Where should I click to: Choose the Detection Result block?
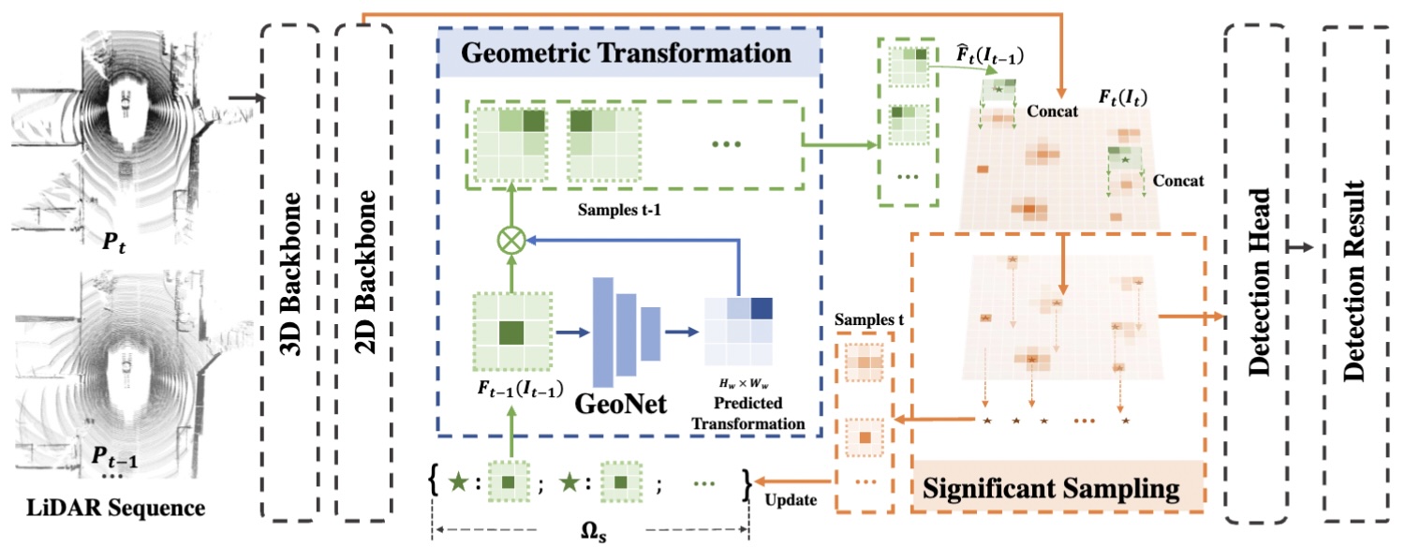[1357, 272]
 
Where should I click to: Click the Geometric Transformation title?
[628, 52]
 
